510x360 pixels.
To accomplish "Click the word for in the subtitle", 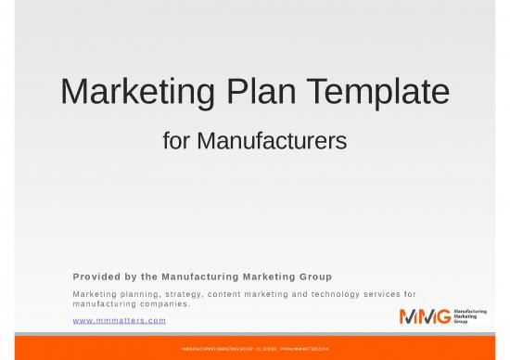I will (177, 142).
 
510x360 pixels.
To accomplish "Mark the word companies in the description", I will (161, 303).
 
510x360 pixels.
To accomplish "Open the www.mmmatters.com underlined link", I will (119, 320).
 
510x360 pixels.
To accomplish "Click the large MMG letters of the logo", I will (426, 315).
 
